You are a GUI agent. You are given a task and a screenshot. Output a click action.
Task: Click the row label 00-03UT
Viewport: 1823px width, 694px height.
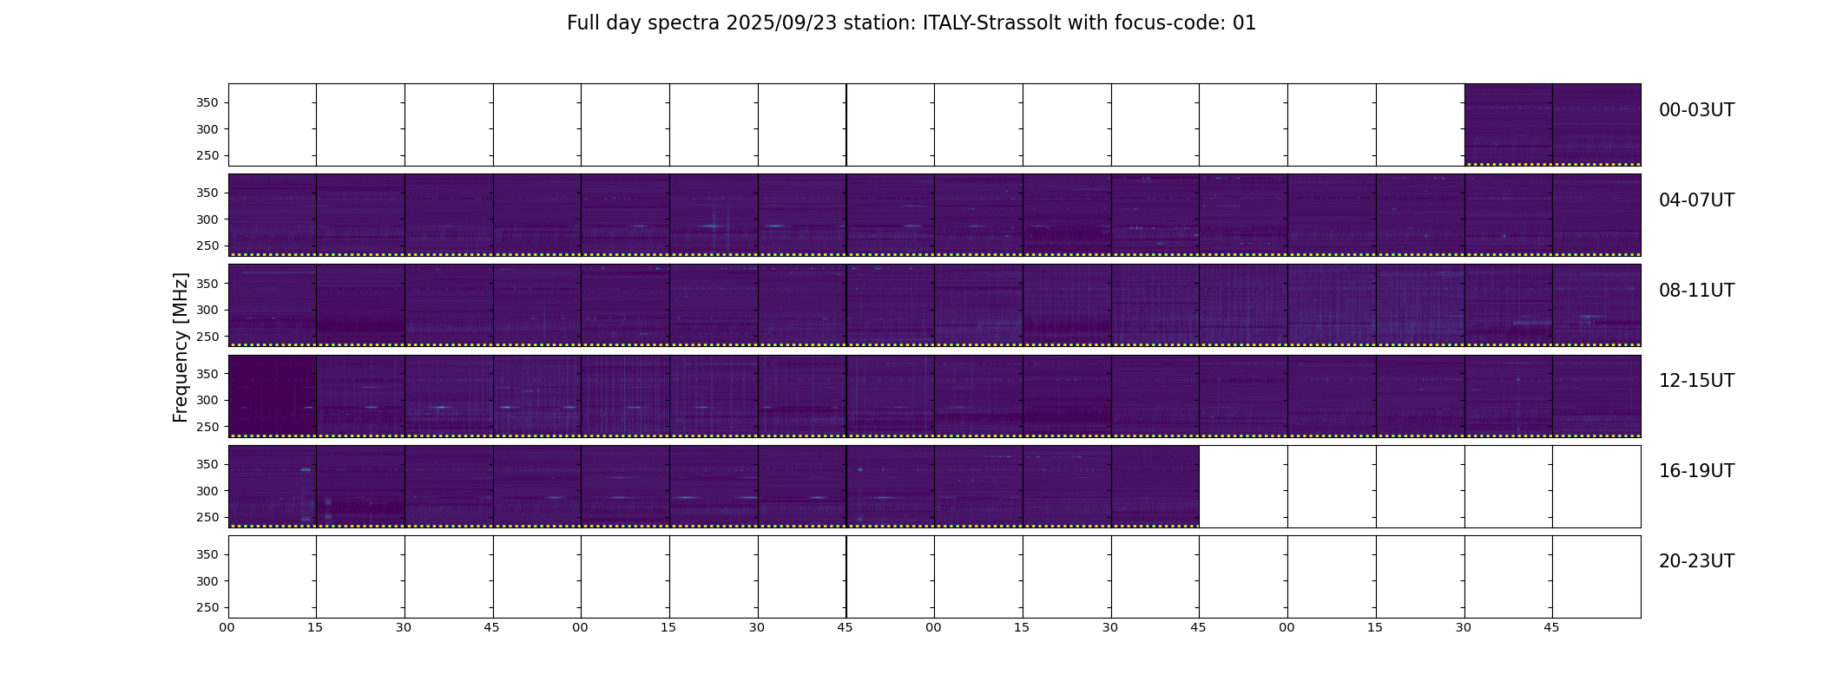point(1696,110)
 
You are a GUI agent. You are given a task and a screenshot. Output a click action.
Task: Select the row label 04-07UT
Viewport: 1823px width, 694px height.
point(1696,200)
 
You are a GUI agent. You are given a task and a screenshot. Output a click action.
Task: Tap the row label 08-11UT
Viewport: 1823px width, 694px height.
point(1696,291)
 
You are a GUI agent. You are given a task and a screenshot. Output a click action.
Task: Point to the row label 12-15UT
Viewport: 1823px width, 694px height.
point(1696,381)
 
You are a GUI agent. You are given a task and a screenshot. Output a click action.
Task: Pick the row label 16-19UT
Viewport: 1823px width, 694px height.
point(1696,471)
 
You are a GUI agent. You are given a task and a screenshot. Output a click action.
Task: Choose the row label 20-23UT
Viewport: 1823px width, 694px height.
point(1696,561)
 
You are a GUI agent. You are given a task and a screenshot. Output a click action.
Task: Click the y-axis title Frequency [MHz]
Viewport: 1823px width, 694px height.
point(181,347)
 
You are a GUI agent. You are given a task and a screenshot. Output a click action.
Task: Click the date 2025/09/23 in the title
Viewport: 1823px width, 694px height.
point(781,23)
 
